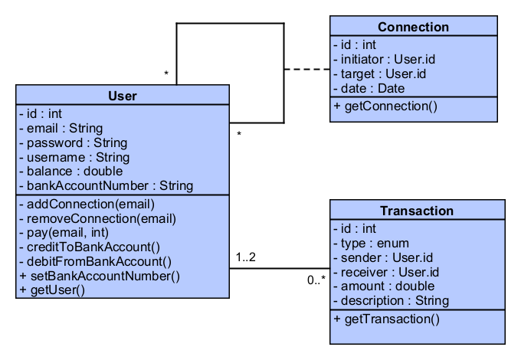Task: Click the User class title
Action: (123, 96)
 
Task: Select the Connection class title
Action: (413, 27)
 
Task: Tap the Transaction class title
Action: (417, 211)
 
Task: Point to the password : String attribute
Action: (73, 142)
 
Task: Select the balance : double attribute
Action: (70, 171)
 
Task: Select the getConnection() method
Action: (385, 106)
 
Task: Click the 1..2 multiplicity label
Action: (245, 257)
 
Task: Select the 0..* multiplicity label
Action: (316, 280)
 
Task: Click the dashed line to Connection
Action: (306, 70)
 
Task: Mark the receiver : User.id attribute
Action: (385, 272)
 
